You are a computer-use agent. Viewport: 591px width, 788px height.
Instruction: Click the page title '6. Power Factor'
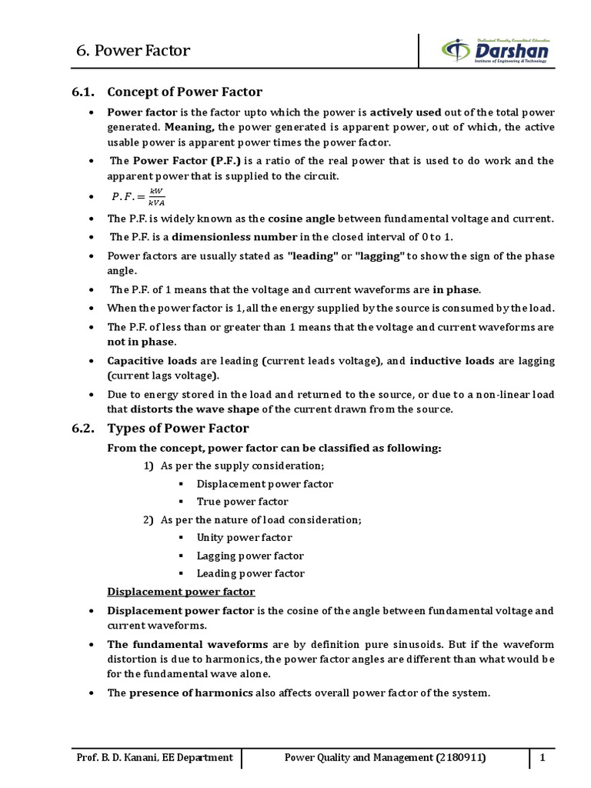(133, 52)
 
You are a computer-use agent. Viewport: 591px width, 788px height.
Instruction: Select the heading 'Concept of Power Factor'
(185, 92)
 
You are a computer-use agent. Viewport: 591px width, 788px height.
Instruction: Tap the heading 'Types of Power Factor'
(178, 428)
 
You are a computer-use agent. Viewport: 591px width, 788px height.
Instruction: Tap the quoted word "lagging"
(380, 255)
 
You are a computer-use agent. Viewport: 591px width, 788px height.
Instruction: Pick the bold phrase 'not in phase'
(142, 342)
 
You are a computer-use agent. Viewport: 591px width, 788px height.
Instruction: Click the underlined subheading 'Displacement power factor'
(180, 592)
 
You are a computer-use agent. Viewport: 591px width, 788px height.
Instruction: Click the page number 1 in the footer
(543, 758)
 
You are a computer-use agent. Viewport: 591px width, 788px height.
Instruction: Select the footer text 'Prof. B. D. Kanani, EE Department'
(155, 758)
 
